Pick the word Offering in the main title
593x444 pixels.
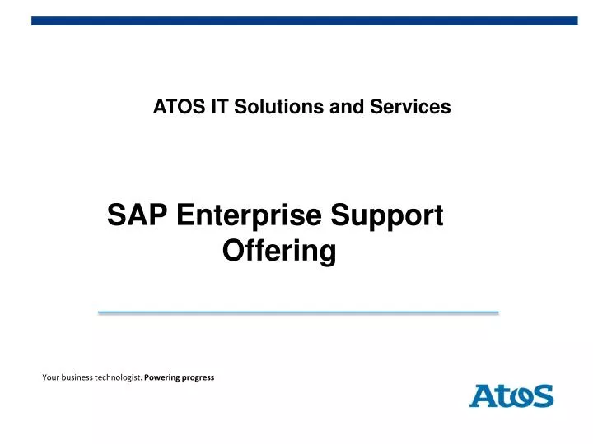(x=279, y=251)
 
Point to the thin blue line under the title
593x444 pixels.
(x=298, y=312)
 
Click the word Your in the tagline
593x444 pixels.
(x=50, y=377)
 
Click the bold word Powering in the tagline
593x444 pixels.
(x=162, y=377)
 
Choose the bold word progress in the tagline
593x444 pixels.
(x=198, y=377)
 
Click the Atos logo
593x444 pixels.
(x=511, y=395)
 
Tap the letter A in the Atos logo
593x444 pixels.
(x=482, y=395)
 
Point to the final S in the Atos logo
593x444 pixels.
(x=542, y=395)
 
